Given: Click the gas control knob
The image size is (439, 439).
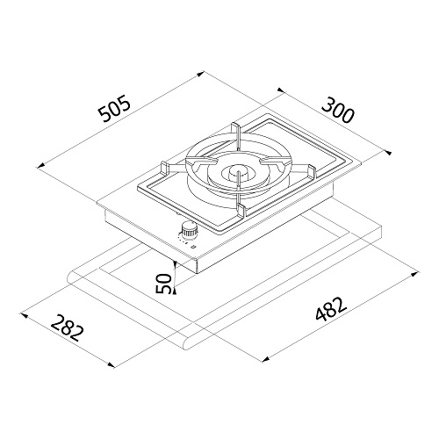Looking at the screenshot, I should click(189, 232).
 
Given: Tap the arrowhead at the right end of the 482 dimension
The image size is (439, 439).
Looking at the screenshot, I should click(413, 272).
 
